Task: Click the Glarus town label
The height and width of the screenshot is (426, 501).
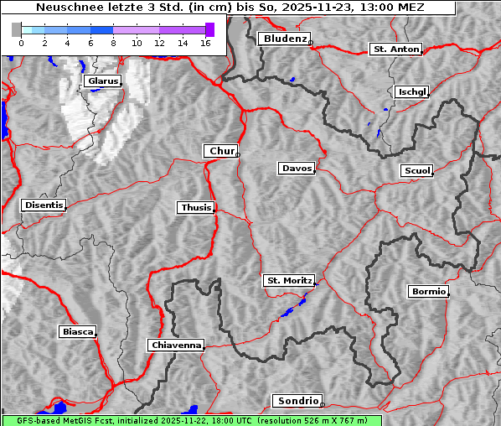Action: [102, 81]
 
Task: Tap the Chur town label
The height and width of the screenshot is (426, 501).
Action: [221, 151]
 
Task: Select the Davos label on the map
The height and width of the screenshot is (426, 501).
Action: [296, 169]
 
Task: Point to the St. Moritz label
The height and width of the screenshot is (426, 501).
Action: [288, 280]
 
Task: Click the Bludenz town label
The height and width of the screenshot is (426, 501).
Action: [283, 39]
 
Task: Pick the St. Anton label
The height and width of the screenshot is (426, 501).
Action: [395, 49]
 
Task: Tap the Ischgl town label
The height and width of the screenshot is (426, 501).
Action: [411, 91]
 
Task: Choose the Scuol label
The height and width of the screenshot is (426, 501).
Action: [416, 171]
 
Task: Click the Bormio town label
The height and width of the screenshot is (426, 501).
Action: [428, 292]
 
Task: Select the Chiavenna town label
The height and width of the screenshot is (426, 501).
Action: [176, 345]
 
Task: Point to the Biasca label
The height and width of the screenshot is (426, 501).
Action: [78, 331]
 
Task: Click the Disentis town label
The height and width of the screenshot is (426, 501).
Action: [43, 205]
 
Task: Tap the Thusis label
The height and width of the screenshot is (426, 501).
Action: [196, 207]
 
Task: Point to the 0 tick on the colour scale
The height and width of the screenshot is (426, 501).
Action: [20, 43]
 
